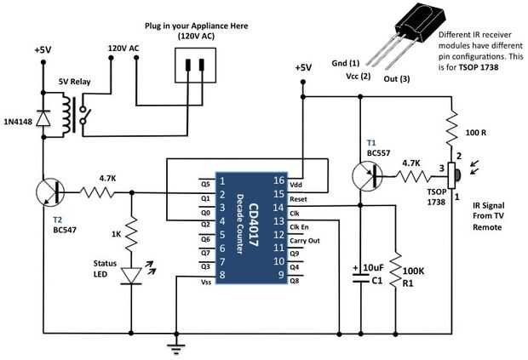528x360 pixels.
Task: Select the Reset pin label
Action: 297,197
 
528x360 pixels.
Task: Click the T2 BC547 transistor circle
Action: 49,192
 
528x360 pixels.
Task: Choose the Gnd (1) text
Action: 344,64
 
